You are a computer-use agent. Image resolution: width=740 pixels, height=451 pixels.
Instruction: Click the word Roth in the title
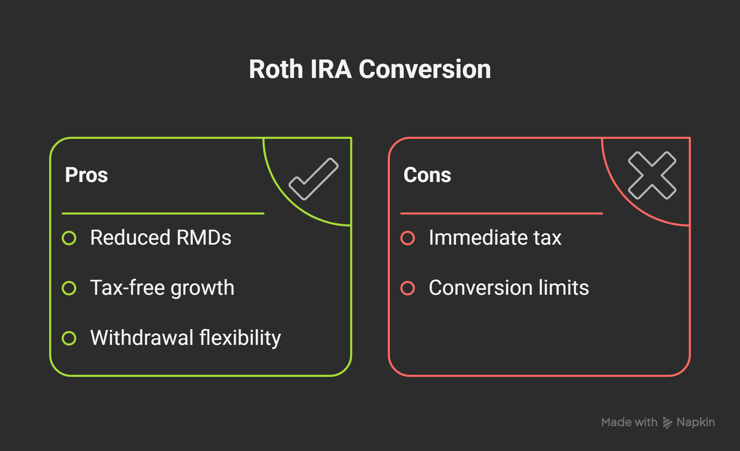(276, 69)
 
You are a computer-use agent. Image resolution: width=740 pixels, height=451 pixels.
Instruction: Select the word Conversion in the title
(425, 69)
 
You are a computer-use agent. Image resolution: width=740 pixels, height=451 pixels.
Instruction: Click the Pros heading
(86, 175)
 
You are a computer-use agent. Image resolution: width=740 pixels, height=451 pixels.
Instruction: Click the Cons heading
(427, 175)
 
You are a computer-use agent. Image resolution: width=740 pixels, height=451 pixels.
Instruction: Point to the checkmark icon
(314, 179)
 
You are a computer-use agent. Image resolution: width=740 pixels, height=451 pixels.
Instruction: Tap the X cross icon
(652, 175)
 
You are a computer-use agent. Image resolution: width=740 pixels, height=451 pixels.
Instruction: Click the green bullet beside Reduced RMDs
(69, 238)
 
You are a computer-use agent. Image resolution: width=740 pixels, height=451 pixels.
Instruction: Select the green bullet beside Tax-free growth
(69, 288)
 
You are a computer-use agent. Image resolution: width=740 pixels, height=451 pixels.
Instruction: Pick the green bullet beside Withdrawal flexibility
(69, 338)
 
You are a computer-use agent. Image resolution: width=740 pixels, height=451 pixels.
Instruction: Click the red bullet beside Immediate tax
(408, 238)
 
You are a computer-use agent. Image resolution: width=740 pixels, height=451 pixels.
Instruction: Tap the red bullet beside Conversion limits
(408, 288)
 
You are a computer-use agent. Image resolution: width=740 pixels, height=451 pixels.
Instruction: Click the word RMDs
(204, 238)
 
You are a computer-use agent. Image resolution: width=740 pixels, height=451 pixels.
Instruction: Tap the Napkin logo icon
(668, 422)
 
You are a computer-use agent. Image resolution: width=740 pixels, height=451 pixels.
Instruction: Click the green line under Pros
(163, 213)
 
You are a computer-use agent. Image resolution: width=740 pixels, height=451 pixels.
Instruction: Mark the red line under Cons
(502, 213)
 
